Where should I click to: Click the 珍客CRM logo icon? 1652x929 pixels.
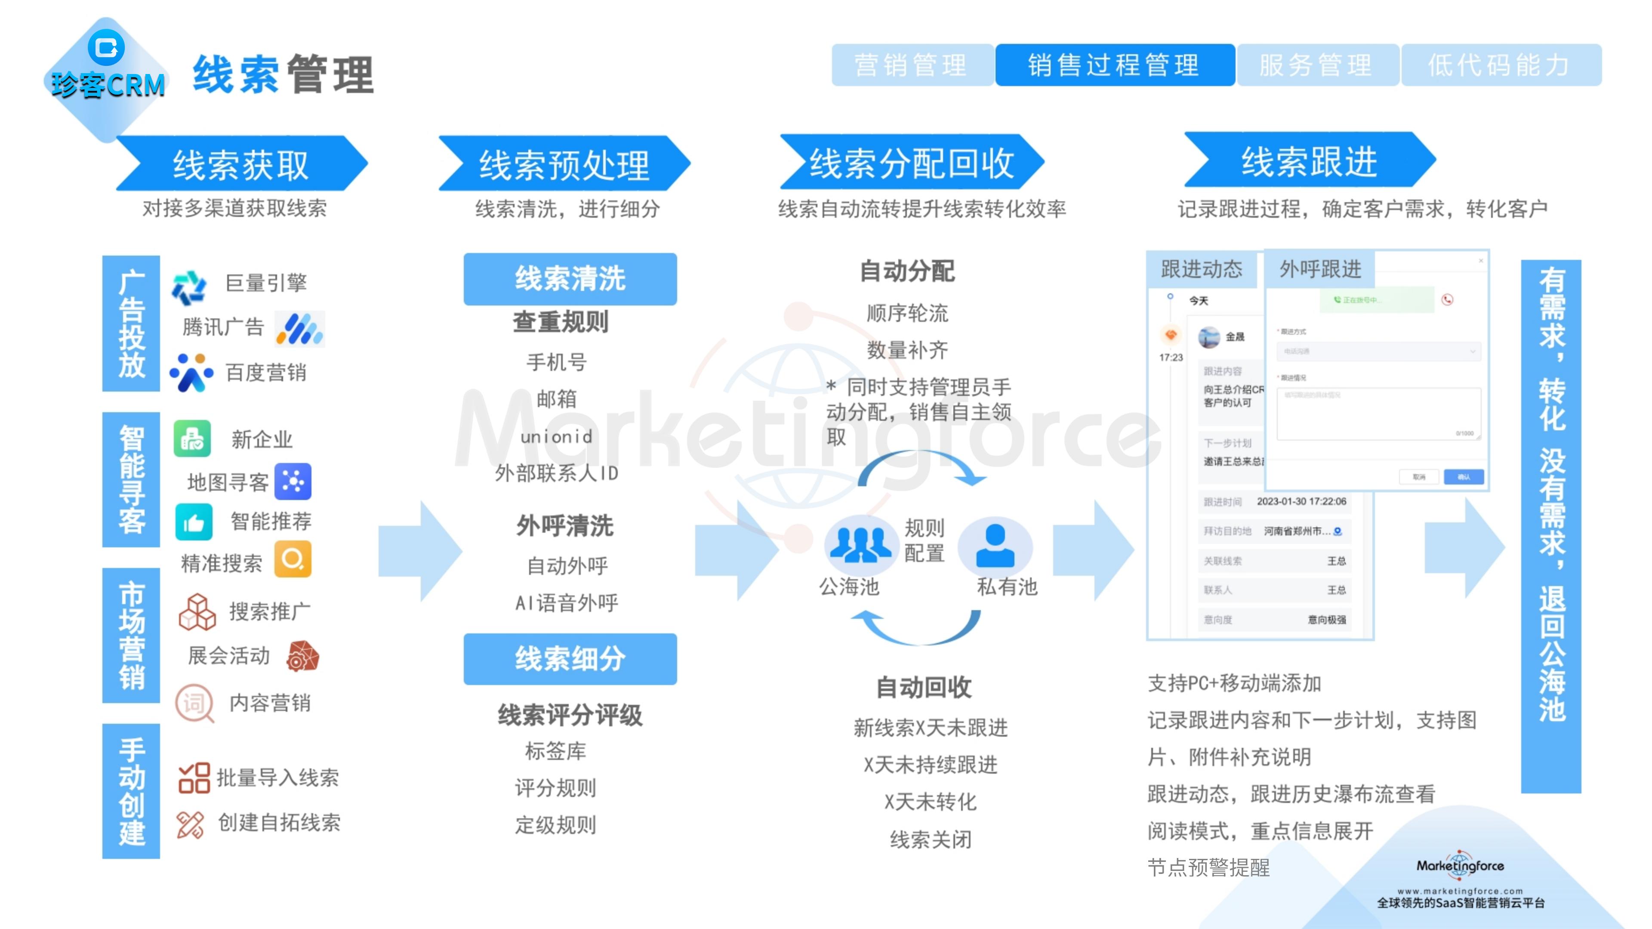click(106, 47)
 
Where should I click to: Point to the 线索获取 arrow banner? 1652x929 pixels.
click(241, 164)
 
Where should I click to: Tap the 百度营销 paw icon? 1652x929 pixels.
click(191, 373)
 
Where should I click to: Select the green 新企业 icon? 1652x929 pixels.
click(192, 439)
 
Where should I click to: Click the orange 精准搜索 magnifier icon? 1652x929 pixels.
click(293, 559)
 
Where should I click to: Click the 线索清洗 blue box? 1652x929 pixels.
click(570, 279)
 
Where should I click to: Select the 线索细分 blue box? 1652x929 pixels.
click(570, 659)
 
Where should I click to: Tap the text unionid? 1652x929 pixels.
click(556, 437)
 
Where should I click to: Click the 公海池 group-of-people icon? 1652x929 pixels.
click(860, 544)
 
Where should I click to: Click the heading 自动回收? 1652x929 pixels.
click(924, 687)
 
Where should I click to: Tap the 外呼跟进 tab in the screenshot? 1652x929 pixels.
click(1320, 269)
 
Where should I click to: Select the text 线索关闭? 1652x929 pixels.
click(931, 839)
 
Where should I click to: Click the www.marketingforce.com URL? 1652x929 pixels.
click(1460, 891)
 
